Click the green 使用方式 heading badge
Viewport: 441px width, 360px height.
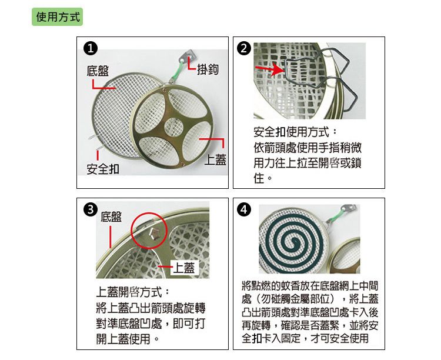[58, 17]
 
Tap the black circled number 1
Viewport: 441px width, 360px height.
[91, 48]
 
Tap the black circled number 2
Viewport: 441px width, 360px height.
[244, 48]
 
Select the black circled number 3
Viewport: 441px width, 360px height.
[91, 210]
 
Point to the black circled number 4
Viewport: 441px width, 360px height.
[244, 210]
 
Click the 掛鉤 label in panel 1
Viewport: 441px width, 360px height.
[208, 69]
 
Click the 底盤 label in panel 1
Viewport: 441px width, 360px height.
[98, 71]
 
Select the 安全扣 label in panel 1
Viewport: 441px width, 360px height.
[103, 169]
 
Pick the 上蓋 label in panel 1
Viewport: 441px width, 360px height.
[215, 160]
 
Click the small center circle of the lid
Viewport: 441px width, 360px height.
[173, 127]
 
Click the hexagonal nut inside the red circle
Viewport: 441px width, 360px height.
[154, 234]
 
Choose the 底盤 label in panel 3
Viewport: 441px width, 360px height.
[111, 216]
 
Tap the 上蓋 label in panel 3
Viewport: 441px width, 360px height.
[184, 267]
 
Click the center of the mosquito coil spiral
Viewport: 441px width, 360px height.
[294, 242]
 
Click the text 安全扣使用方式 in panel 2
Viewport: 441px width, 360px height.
[291, 132]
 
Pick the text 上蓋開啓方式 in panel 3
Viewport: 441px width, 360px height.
[129, 292]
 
